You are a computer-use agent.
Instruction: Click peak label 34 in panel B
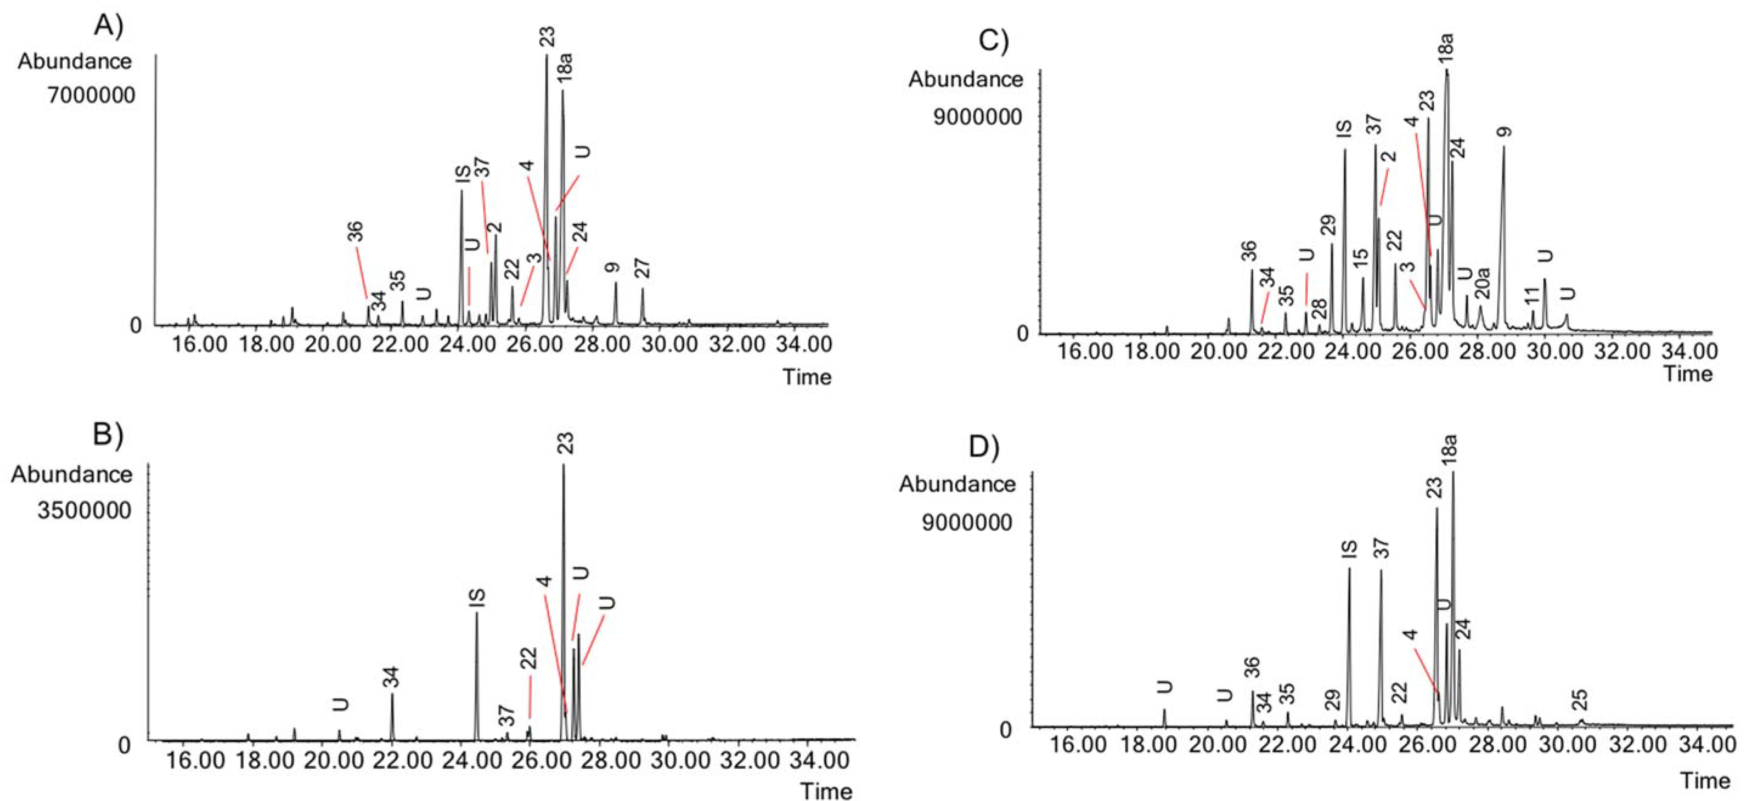[391, 677]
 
